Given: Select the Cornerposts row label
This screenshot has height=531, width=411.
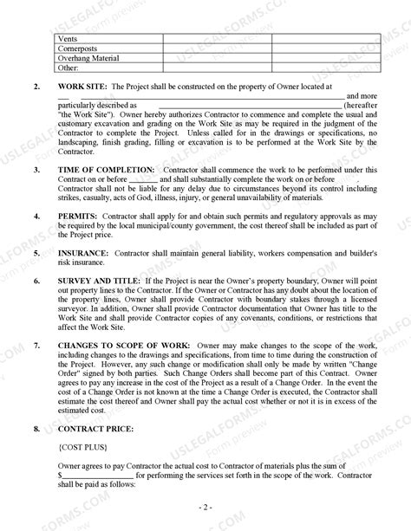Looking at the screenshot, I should (x=75, y=49).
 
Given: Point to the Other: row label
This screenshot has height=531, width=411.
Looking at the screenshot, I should (x=67, y=68).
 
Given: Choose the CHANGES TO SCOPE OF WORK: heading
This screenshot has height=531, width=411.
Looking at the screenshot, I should (x=125, y=346).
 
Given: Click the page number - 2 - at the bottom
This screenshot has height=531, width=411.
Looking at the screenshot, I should (x=205, y=505).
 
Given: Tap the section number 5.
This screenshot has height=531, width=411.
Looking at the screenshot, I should (x=36, y=253).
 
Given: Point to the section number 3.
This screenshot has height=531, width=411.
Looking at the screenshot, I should (x=36, y=170).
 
